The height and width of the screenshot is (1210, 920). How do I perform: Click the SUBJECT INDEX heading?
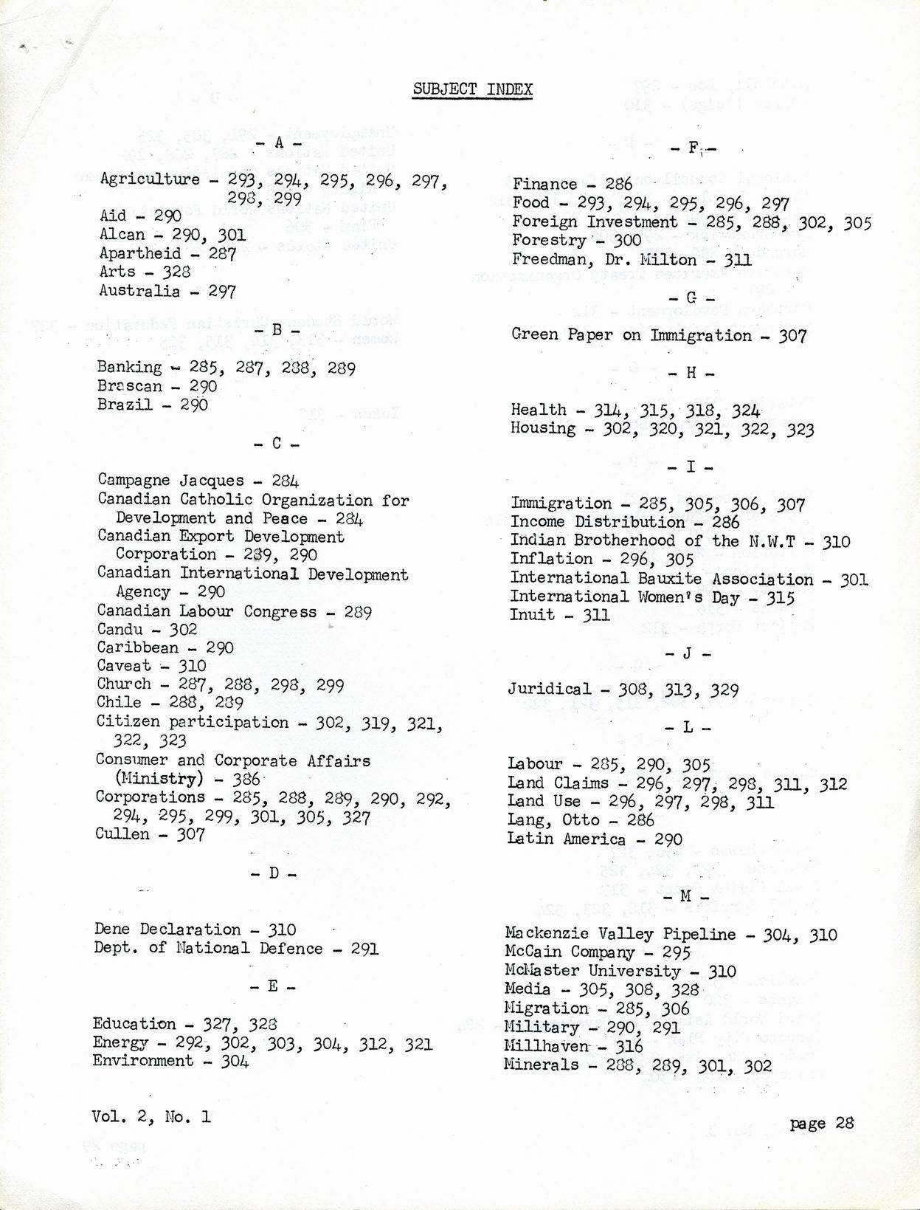pos(472,89)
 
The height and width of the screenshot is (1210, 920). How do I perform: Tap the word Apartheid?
pos(140,253)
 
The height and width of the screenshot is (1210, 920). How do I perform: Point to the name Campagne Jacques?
pos(170,481)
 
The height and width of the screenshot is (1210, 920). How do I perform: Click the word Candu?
pos(120,629)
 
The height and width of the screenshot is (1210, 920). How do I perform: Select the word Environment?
pos(142,1061)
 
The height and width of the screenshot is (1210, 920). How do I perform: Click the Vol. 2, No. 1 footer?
pos(151,1116)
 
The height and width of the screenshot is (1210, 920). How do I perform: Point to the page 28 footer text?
pos(821,1123)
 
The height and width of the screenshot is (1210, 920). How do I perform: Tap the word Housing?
pos(543,428)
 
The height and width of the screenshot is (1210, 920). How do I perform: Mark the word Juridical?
pos(549,690)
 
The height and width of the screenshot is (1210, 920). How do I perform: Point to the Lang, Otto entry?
pos(553,820)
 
